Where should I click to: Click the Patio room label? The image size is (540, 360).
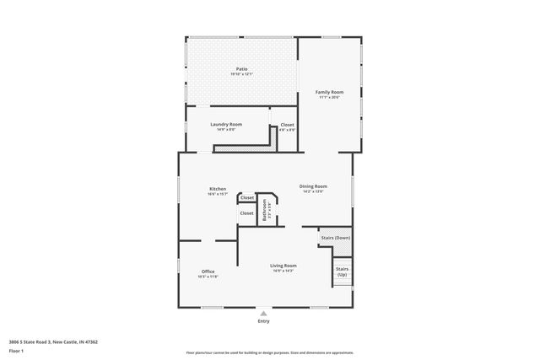242,69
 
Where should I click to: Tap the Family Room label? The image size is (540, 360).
329,92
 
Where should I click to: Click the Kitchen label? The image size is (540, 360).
218,188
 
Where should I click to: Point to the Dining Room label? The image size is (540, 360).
313,185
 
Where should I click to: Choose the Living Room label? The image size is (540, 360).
283,265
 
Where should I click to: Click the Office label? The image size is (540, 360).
208,271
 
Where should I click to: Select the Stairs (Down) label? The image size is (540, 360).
335,238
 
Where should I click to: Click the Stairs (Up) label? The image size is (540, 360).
342,271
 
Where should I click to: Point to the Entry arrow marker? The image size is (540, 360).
263,313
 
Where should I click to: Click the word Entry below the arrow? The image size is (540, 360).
263,321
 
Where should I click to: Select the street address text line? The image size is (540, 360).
52,341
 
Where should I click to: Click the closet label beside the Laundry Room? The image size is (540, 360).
287,125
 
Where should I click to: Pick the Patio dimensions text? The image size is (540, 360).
242,74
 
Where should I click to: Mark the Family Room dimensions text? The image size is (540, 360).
329,97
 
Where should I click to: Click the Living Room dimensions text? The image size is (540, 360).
283,270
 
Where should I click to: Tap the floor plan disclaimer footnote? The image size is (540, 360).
269,352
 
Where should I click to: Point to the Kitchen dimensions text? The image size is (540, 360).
218,194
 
